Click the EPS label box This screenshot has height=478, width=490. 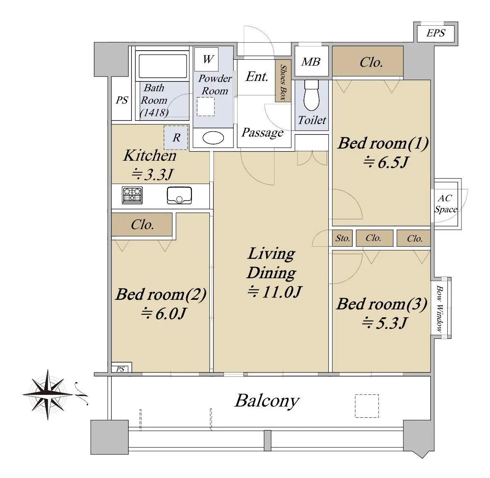click(x=436, y=32)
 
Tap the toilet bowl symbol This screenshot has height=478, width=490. click(x=311, y=95)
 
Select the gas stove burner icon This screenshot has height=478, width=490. click(x=132, y=195)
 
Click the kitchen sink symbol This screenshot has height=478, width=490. click(x=180, y=195)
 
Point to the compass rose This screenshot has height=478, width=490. click(x=48, y=395)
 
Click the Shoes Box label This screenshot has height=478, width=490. click(x=283, y=82)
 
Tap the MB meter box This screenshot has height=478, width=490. click(x=311, y=61)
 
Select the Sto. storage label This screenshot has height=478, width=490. click(x=342, y=238)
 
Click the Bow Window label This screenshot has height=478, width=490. click(x=439, y=309)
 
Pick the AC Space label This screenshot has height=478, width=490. click(x=446, y=203)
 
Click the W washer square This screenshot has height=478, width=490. click(x=206, y=59)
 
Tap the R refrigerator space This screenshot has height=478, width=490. click(x=176, y=137)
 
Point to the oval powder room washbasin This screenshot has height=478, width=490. click(x=213, y=138)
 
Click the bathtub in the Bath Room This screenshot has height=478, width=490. click(x=163, y=66)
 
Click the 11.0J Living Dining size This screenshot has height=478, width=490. click(x=275, y=292)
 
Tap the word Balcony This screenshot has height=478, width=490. click(x=267, y=401)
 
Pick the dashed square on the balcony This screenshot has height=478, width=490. click(x=367, y=406)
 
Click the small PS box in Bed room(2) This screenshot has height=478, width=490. click(x=121, y=368)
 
